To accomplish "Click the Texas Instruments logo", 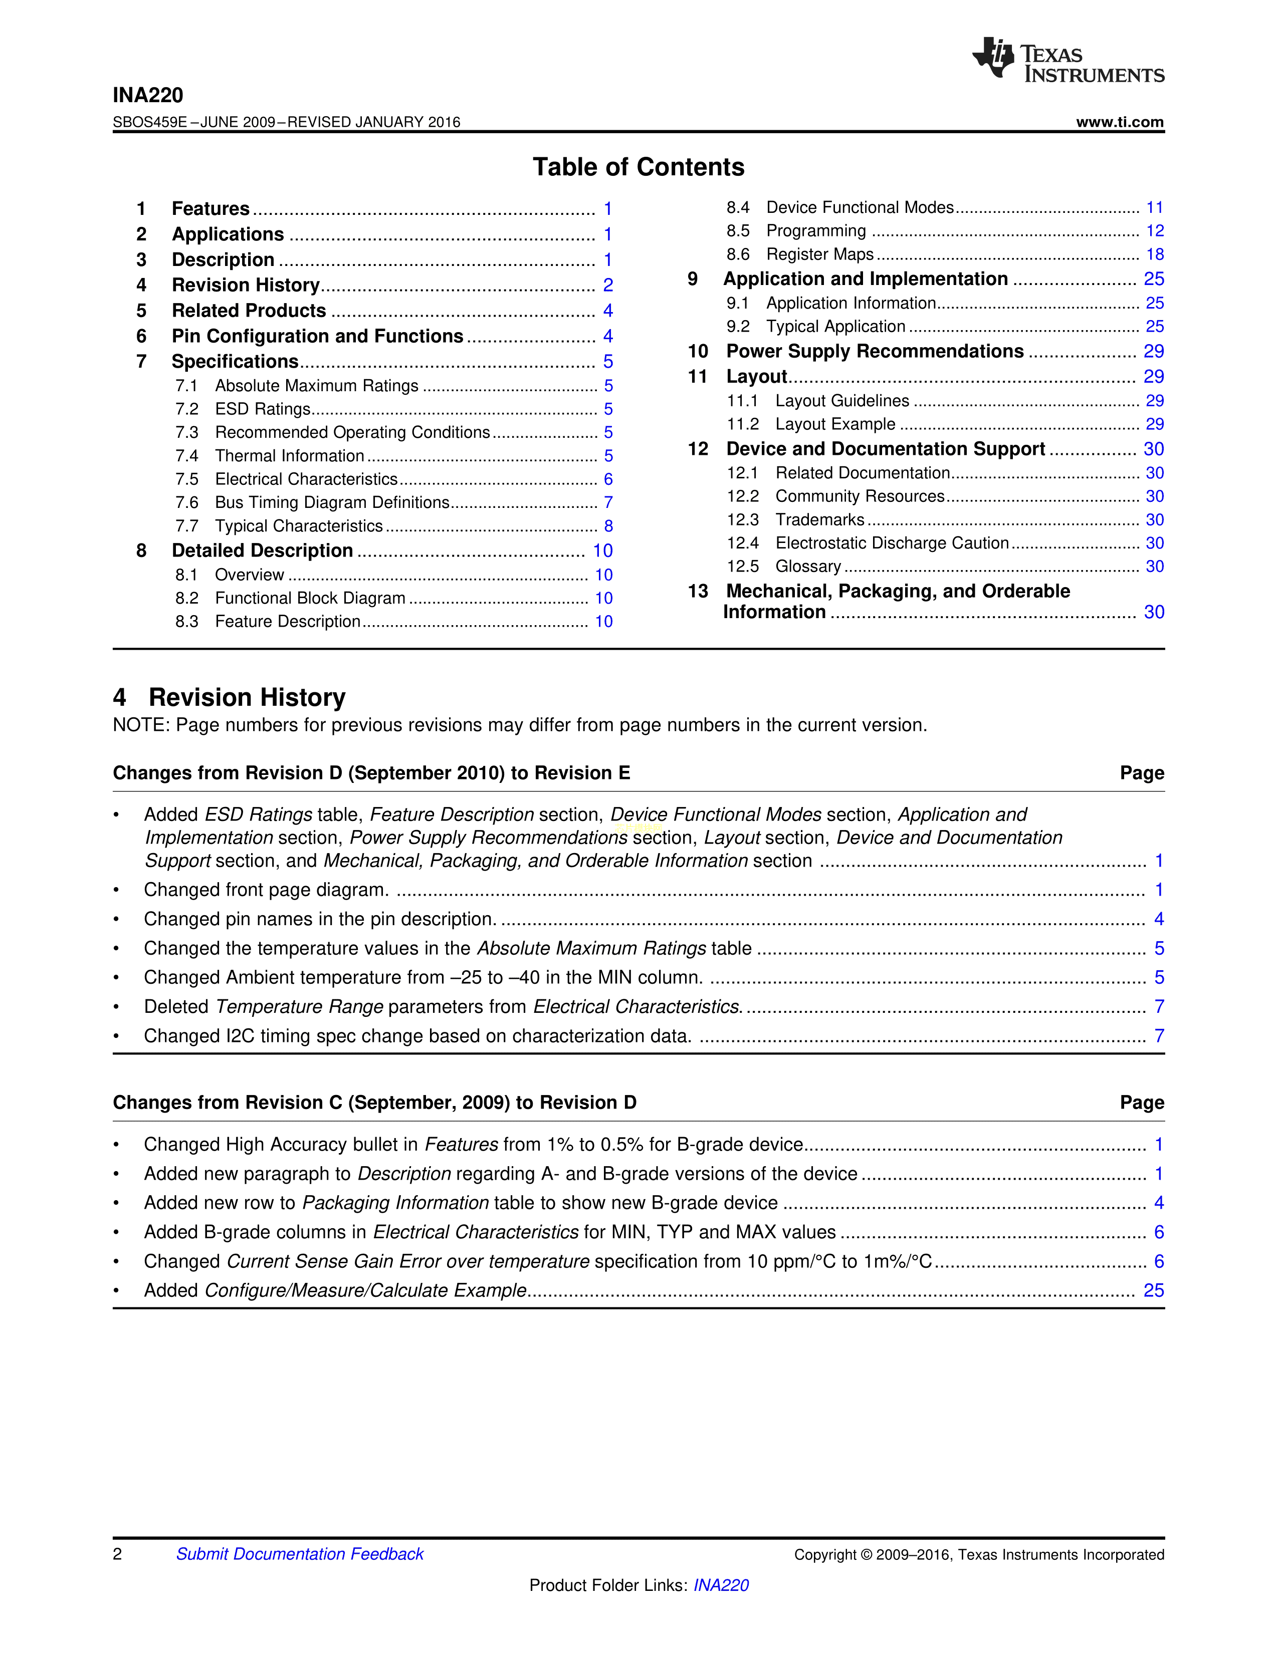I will click(x=1068, y=60).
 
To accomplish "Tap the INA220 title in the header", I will click(x=148, y=95).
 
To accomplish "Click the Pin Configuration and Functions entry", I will click(x=317, y=336).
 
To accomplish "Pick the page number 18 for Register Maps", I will click(x=1155, y=254).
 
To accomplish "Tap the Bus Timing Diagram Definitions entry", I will click(x=332, y=502).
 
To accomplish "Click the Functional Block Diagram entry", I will click(x=310, y=598).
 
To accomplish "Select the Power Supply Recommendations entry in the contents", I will click(x=875, y=351).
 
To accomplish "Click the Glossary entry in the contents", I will click(x=808, y=566).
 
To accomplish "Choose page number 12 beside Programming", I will click(x=1155, y=231).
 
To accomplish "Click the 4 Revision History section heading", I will click(x=230, y=697).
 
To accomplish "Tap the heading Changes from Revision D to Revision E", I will click(x=371, y=773).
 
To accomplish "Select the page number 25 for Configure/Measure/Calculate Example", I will click(x=1153, y=1290).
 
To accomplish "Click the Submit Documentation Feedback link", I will click(x=300, y=1554).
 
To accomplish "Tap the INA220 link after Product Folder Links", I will click(x=721, y=1585).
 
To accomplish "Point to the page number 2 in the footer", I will click(x=117, y=1554).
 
